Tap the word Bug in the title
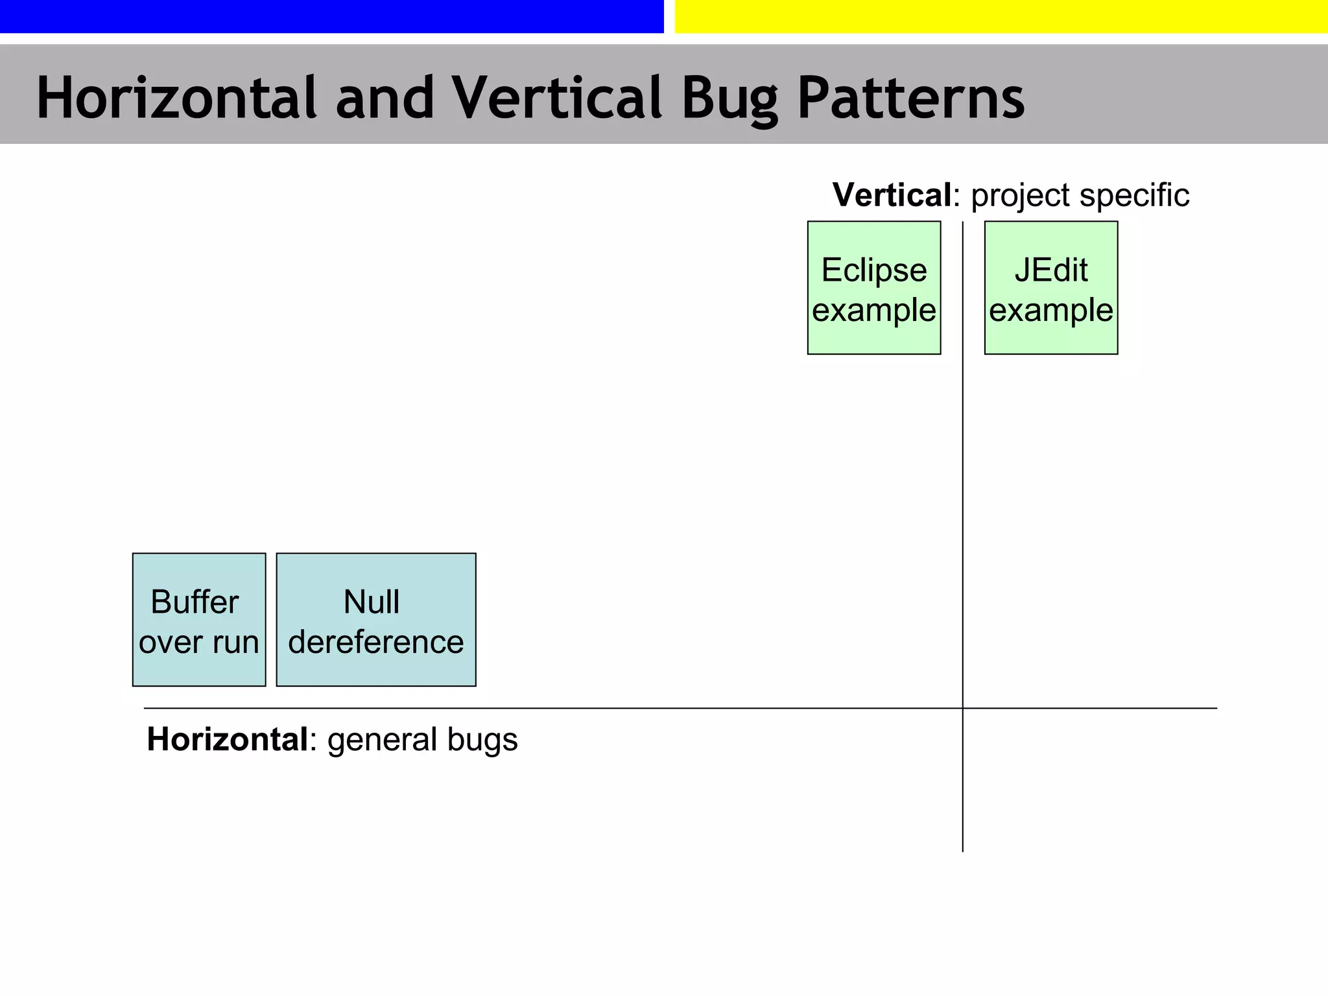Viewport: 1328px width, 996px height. coord(729,99)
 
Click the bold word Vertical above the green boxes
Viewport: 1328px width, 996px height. coord(892,195)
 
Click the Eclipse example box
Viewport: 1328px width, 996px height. coord(873,288)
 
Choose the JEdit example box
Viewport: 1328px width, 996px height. coord(1050,288)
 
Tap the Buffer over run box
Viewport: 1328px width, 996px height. coord(199,619)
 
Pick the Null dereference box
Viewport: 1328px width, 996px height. coord(376,619)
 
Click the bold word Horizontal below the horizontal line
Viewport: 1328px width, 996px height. coord(227,739)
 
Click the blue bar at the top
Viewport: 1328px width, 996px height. coord(331,16)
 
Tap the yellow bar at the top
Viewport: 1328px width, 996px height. coord(1001,16)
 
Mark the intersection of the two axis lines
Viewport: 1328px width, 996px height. coord(963,708)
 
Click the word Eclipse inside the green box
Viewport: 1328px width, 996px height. coord(873,270)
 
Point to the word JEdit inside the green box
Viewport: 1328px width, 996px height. coord(1050,270)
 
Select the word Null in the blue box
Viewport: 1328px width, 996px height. coord(371,602)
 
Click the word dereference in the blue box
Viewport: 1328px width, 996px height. coord(376,642)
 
